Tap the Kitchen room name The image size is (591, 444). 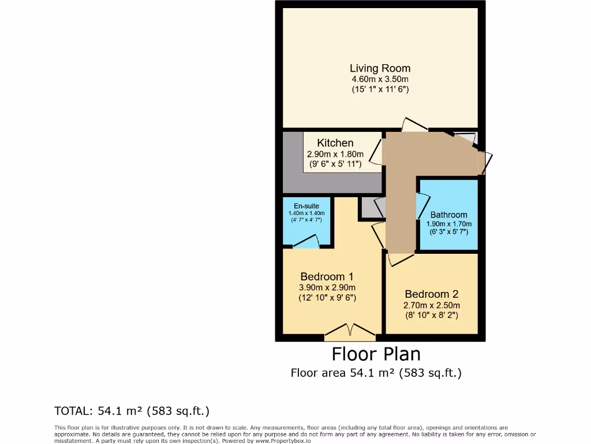click(335, 143)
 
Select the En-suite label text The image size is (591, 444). click(306, 206)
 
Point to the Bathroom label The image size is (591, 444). click(448, 214)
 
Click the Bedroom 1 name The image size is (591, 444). click(327, 276)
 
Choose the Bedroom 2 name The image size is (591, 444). click(432, 294)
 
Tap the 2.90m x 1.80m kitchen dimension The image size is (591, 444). click(335, 154)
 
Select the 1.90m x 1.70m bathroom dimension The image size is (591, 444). click(448, 224)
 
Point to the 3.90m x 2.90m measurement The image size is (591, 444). click(327, 288)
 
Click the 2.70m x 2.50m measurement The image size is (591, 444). click(432, 305)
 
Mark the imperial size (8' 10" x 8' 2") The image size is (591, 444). click(432, 316)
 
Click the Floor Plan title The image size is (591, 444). click(376, 354)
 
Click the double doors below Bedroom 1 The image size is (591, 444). click(350, 330)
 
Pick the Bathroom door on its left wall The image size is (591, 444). click(422, 206)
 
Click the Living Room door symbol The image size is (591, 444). click(414, 124)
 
